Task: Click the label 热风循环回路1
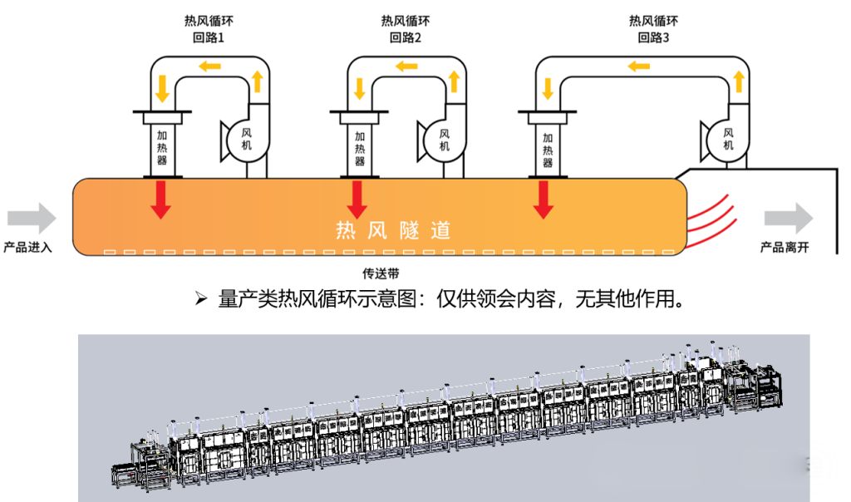209,29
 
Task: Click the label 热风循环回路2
406,29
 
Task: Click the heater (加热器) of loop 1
162,148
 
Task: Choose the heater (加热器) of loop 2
359,148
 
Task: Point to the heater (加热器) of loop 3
547,148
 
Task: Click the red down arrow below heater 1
161,199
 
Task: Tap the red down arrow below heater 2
357,199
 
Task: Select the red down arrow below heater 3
544,199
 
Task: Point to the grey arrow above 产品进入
32,219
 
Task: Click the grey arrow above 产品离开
789,219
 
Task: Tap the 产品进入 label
27,247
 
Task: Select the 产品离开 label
785,247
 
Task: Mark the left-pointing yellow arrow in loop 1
209,66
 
